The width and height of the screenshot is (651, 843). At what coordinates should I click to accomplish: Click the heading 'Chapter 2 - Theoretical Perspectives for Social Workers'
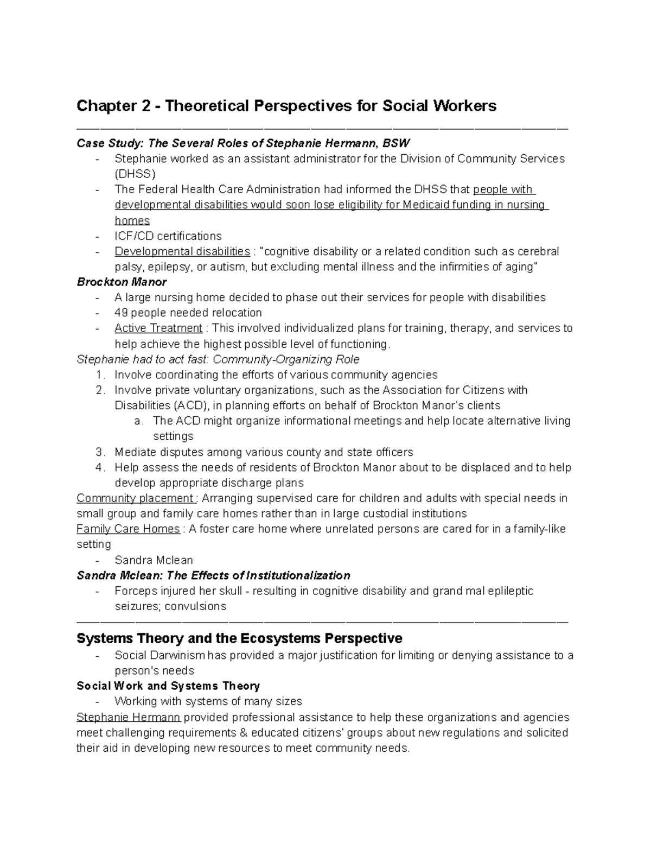(286, 106)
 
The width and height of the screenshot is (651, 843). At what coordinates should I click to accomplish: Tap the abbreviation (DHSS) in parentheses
(135, 174)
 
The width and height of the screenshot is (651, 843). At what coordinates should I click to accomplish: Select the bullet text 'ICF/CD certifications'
(168, 236)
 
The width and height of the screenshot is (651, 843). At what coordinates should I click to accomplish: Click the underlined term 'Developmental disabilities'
(182, 251)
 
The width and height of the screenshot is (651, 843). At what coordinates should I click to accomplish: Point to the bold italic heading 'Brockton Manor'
(122, 282)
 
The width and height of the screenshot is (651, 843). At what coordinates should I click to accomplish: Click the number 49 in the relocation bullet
(121, 313)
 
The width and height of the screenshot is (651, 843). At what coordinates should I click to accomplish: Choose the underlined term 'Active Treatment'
(158, 328)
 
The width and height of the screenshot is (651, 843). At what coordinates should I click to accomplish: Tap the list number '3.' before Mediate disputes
(100, 452)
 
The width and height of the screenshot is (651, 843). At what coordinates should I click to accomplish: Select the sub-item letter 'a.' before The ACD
(138, 421)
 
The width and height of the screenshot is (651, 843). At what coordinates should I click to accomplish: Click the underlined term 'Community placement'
(135, 498)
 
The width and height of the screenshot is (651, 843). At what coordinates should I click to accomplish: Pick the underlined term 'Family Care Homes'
(128, 529)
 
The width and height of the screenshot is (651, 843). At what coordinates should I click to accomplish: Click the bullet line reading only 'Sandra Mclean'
(154, 560)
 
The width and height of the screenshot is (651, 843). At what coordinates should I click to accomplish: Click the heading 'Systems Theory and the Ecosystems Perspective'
(239, 638)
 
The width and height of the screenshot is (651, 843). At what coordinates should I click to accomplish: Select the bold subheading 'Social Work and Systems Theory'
(168, 686)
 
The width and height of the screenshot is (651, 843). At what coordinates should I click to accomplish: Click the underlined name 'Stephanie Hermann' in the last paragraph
(129, 717)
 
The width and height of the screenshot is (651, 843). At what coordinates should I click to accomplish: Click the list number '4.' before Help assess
(100, 467)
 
